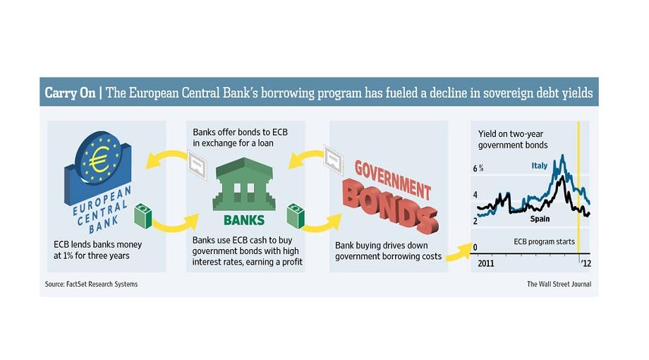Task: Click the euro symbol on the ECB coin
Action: coord(99,160)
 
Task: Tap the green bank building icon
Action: coord(244,184)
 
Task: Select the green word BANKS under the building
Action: coord(244,220)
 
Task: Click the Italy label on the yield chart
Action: coord(540,166)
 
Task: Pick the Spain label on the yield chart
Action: coord(540,219)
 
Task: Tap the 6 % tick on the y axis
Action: coord(478,168)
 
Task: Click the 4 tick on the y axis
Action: coord(475,195)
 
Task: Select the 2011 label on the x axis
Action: coord(486,263)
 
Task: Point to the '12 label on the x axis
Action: coord(586,263)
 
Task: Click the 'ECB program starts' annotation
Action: coord(544,241)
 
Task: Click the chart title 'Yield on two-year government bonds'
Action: coord(513,140)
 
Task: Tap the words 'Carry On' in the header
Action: coord(70,92)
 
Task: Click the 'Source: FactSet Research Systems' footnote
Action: coord(91,284)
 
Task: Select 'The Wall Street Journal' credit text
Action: coord(559,284)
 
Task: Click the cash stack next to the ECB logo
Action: coord(142,215)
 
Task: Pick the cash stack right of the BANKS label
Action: coord(296,215)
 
